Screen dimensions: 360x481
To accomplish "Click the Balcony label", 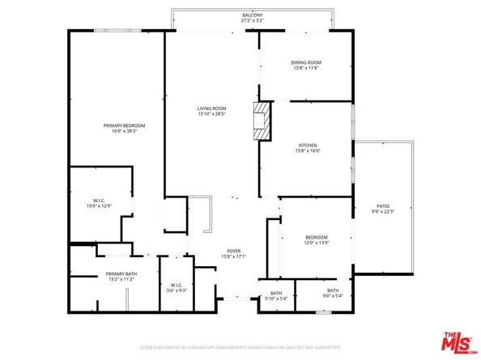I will (252, 15).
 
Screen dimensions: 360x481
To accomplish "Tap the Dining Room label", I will (307, 62).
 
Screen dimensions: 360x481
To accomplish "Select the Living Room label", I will (211, 108).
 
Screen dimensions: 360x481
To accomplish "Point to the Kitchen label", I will (307, 146).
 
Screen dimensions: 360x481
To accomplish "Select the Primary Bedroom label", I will (124, 125).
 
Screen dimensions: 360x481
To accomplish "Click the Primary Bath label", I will (121, 274).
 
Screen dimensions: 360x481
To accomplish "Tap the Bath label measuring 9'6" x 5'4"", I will (333, 290).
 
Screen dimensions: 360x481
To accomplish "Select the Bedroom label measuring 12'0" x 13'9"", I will (317, 237).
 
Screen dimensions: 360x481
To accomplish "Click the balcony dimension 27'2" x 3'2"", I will (252, 21).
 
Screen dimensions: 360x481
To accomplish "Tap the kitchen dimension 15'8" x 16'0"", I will (307, 151).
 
